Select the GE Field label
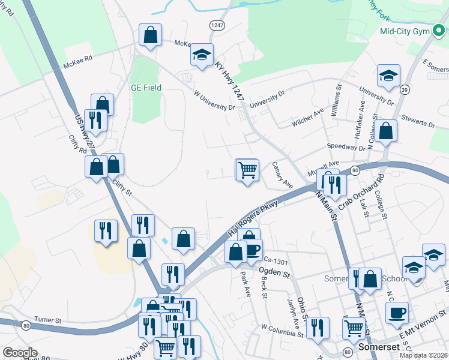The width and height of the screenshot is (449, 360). click(x=146, y=88)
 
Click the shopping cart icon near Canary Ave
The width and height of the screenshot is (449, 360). click(x=247, y=170)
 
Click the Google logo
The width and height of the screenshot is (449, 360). click(x=20, y=353)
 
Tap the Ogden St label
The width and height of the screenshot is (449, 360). click(x=275, y=273)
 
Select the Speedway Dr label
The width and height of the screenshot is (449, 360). click(x=346, y=147)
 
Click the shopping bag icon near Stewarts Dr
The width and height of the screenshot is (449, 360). click(x=387, y=131)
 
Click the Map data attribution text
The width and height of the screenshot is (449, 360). click(x=423, y=355)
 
